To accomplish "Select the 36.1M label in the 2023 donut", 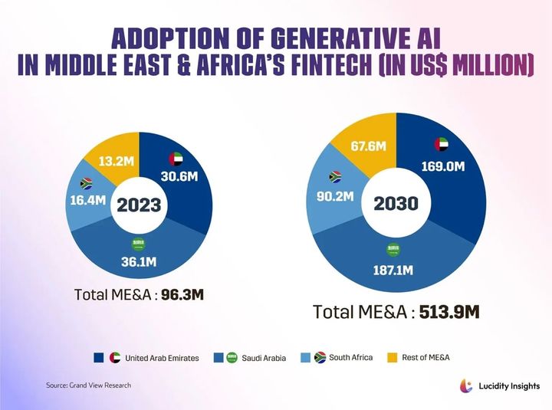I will click(138, 261).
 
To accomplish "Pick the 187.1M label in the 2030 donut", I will click(393, 269).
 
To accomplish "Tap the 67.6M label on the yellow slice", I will click(366, 146).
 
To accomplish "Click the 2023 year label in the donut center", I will click(139, 205).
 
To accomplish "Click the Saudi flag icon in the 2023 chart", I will click(138, 244).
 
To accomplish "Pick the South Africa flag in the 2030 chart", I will click(335, 176).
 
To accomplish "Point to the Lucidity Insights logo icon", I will click(465, 385).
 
